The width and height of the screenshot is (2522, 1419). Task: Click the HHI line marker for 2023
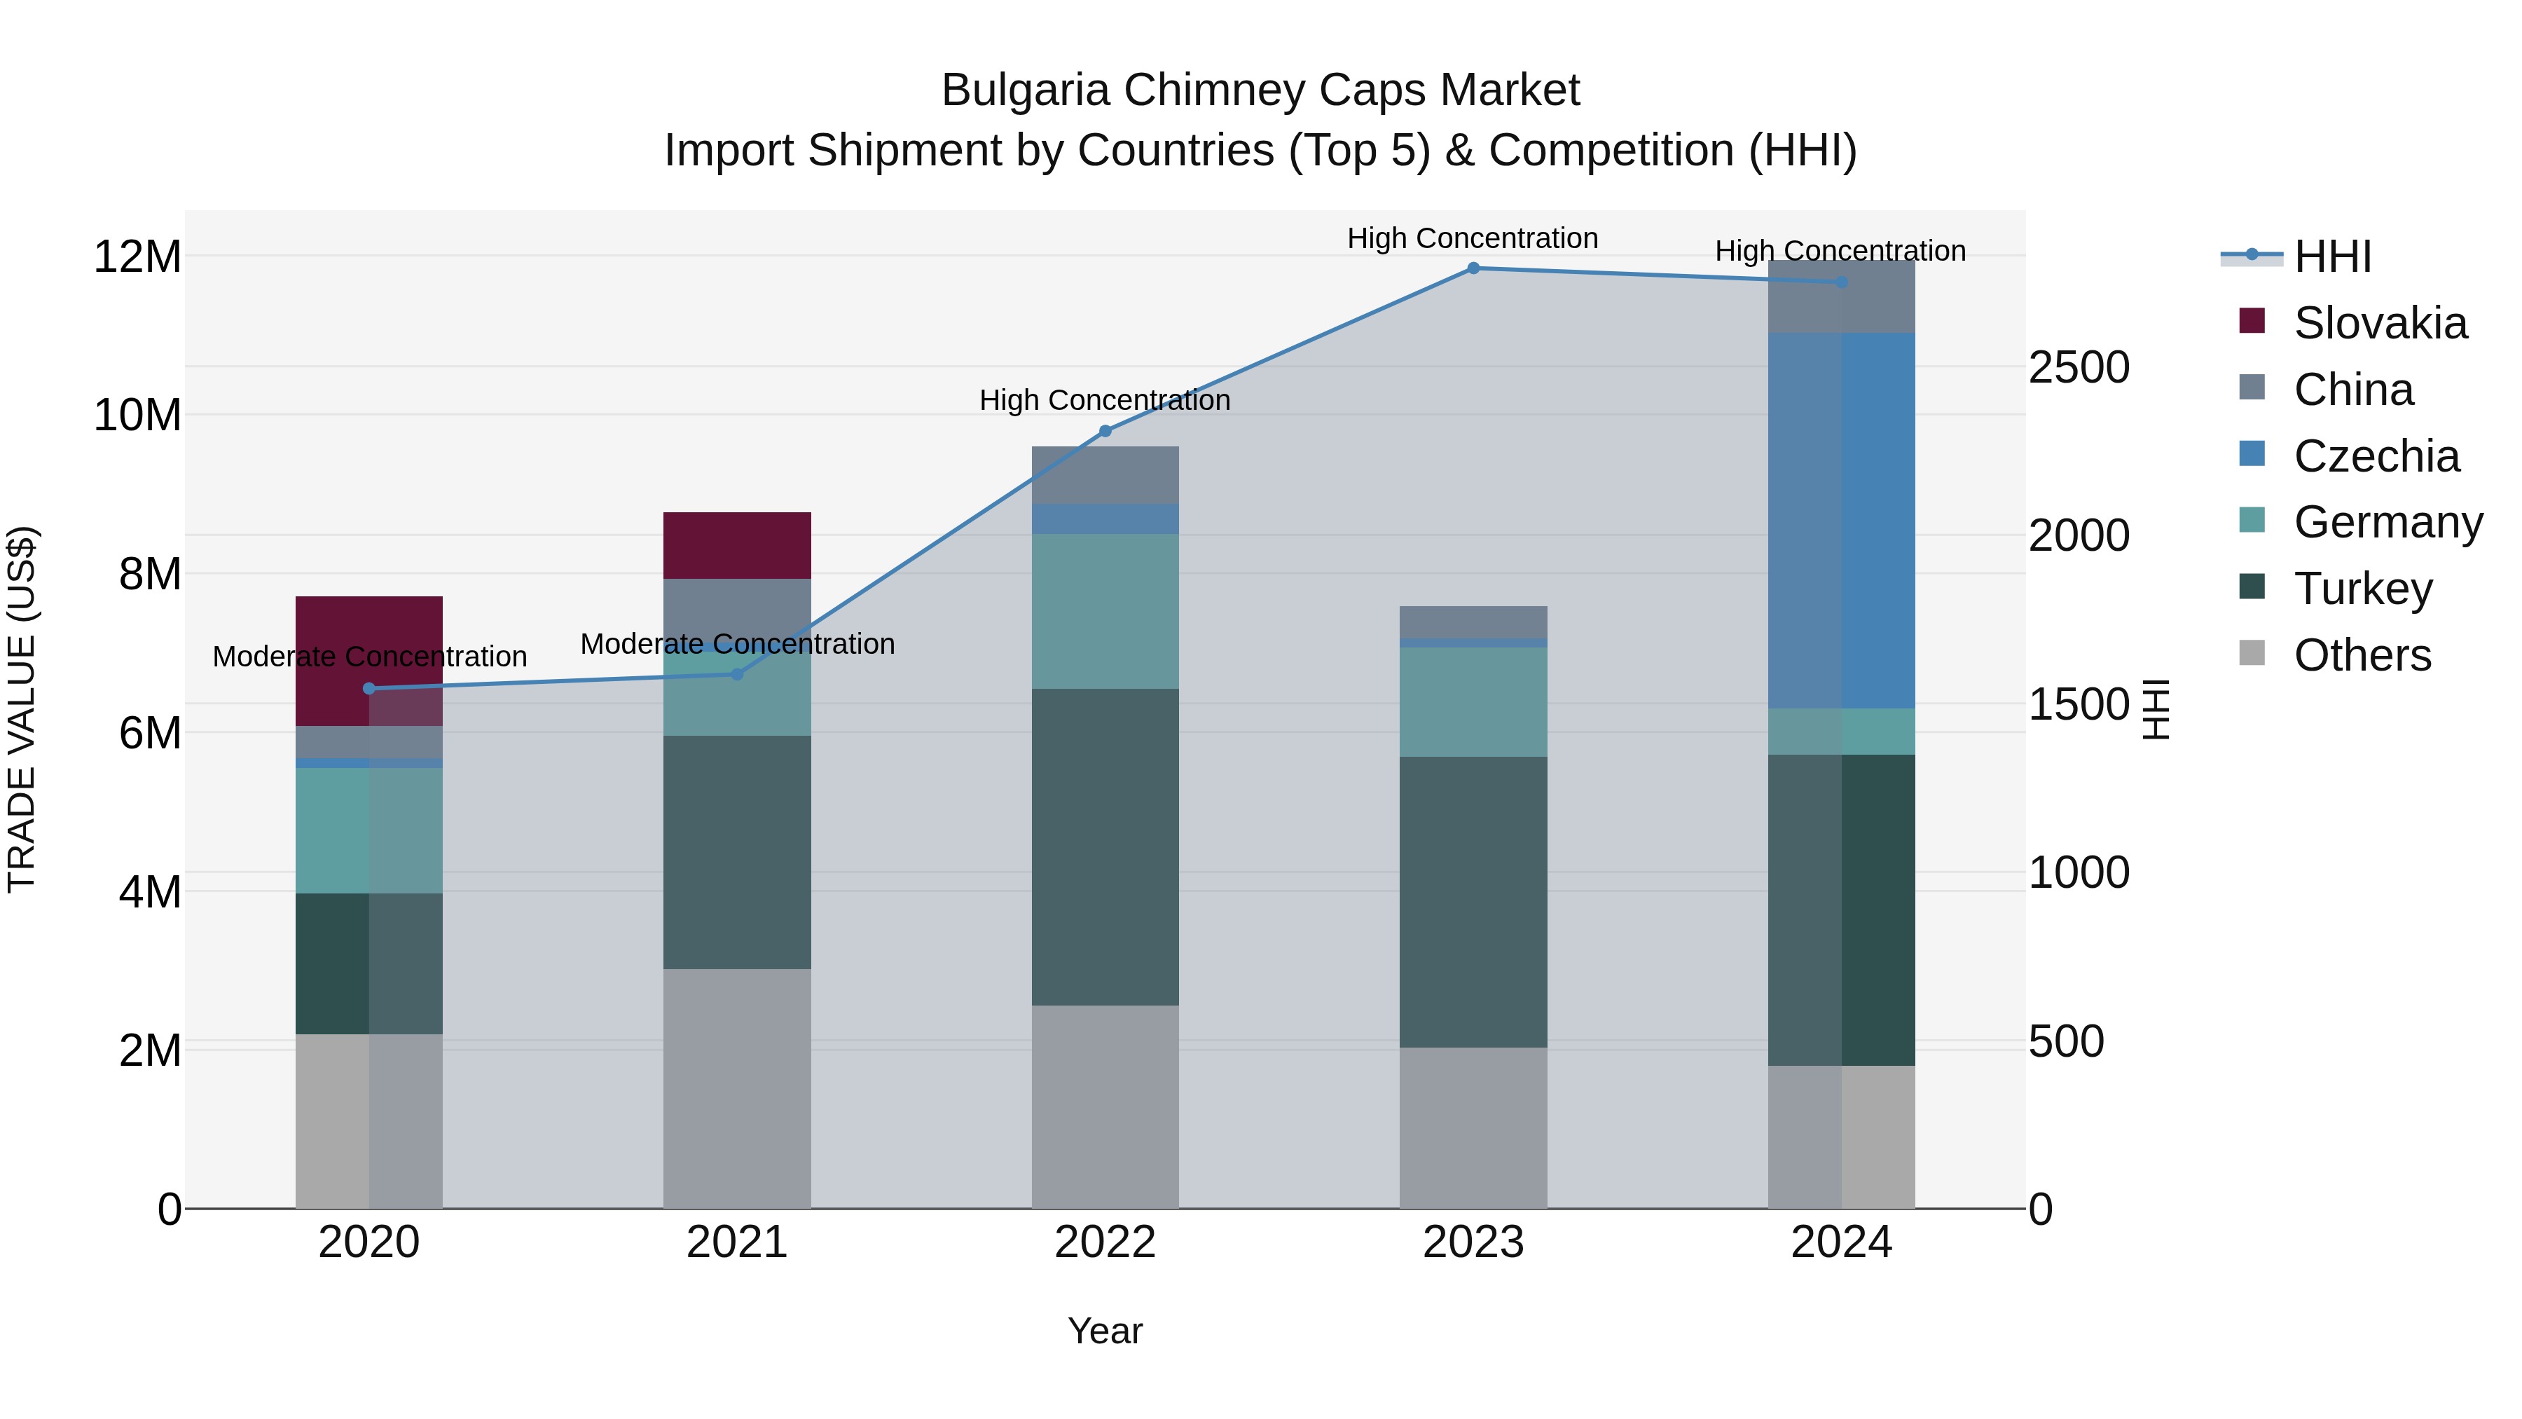pos(1473,268)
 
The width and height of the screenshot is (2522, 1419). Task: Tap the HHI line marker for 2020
pos(369,688)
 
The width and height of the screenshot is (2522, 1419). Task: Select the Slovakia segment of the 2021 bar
pos(736,545)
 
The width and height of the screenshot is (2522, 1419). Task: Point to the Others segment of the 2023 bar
pos(1473,1127)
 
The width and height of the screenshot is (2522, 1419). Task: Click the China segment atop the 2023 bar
pos(1473,622)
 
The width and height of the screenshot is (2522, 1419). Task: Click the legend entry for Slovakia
pos(2379,323)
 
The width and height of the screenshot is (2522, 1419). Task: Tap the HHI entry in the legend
pos(2332,256)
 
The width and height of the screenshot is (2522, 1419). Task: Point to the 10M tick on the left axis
pos(137,416)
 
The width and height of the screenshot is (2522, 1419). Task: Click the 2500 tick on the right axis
pos(2079,368)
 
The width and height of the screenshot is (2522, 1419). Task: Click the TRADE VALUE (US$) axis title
pos(22,709)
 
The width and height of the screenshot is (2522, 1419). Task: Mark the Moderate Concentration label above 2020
pos(369,656)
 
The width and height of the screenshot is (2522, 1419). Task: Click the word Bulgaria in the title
pos(1024,90)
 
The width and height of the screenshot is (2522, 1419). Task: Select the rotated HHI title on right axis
pos(2157,709)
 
